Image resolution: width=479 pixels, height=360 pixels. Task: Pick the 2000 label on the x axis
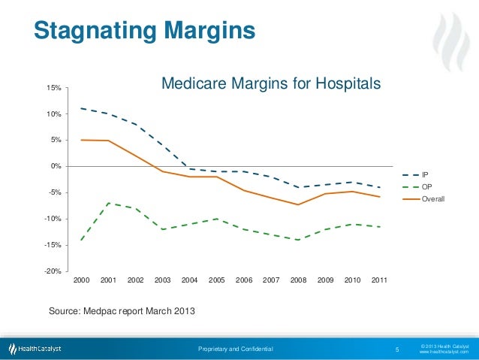click(x=81, y=280)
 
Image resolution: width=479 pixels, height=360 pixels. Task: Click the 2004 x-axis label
click(x=189, y=280)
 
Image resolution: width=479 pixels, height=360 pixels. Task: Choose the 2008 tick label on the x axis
click(x=298, y=280)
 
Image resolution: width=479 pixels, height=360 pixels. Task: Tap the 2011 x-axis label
click(x=379, y=280)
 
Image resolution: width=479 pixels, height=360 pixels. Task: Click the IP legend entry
click(x=425, y=174)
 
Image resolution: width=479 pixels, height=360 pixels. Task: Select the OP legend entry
click(x=426, y=186)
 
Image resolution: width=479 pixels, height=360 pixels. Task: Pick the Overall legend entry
click(x=432, y=199)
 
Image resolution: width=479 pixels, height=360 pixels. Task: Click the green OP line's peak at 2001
click(x=108, y=203)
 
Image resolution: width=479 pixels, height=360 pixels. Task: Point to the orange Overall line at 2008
click(x=298, y=204)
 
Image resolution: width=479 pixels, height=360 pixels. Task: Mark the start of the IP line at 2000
click(x=81, y=108)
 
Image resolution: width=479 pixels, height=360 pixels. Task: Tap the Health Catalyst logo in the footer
click(x=35, y=349)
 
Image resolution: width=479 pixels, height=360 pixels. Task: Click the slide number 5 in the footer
click(x=396, y=349)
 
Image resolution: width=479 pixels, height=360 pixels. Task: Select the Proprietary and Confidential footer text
click(x=235, y=349)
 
